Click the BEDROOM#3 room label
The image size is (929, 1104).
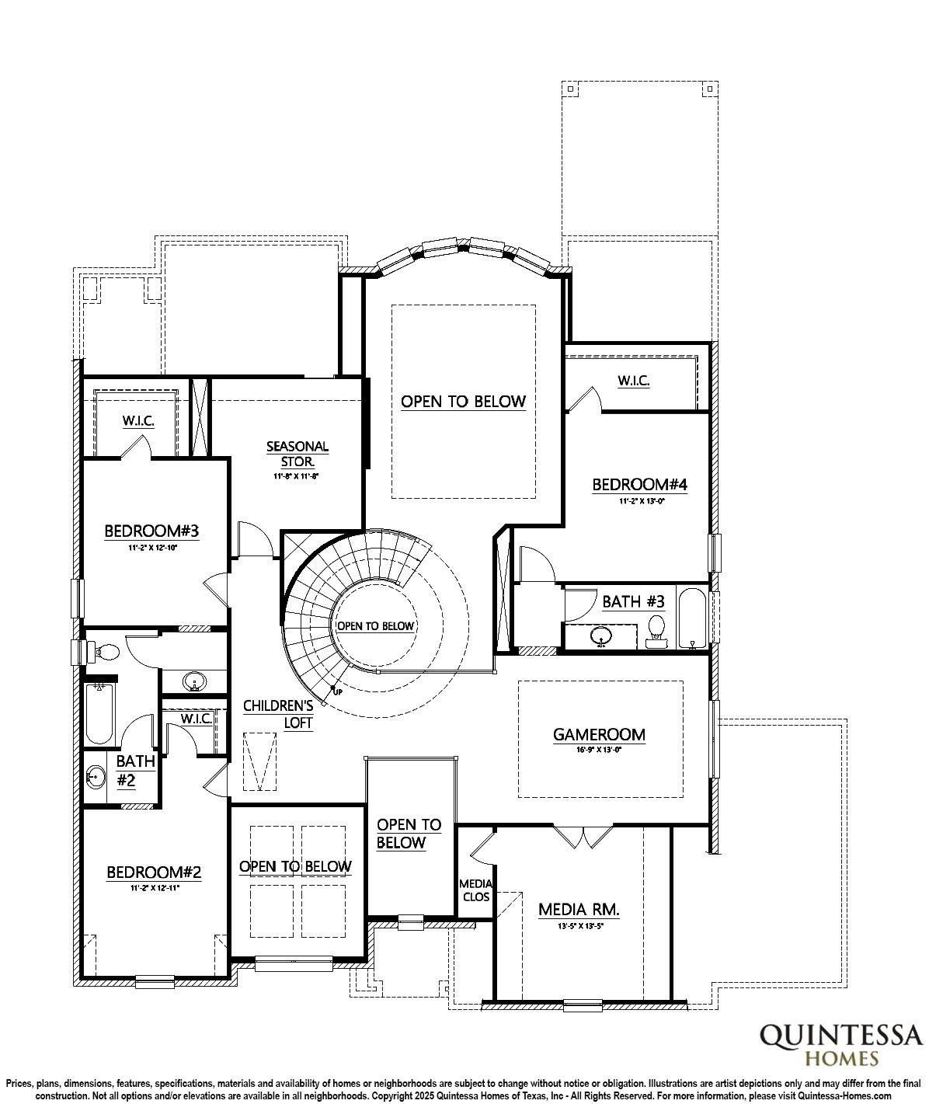point(152,531)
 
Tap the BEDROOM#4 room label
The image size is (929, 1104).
point(639,485)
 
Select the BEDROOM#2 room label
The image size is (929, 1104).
point(154,872)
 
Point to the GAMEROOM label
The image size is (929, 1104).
point(599,734)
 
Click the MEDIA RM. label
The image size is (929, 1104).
point(579,910)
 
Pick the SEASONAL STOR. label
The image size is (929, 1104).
point(297,454)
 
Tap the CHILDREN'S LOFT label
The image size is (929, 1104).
point(278,714)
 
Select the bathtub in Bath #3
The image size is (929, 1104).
point(691,618)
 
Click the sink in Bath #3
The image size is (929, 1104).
point(600,638)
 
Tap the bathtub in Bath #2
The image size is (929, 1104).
point(99,712)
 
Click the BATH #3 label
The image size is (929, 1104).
point(633,601)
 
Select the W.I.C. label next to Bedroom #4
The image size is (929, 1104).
point(633,381)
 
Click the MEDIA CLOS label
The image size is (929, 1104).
point(475,890)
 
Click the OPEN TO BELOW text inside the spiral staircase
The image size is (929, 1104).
point(376,625)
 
